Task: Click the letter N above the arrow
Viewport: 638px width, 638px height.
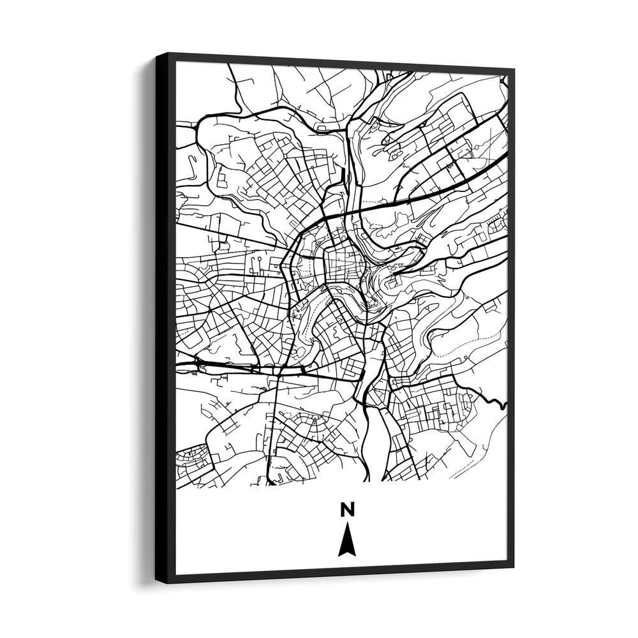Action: point(347,509)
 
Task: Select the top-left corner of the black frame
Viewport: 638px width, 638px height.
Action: point(157,54)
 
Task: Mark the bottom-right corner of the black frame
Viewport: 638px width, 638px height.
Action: point(514,567)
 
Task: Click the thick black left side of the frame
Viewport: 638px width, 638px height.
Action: point(165,319)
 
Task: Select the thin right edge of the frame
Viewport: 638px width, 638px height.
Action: point(511,319)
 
